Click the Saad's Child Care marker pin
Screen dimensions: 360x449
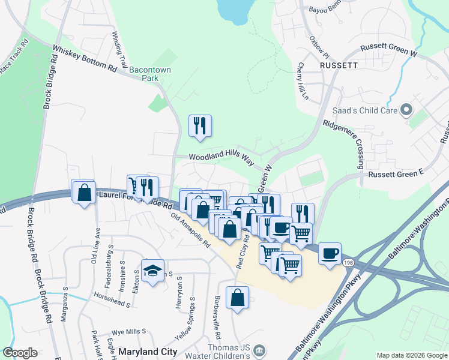point(406,110)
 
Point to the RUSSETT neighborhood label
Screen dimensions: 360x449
point(339,64)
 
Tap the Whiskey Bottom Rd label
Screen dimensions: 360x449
point(84,59)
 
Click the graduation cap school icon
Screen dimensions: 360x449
point(153,271)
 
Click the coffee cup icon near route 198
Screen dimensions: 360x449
point(328,253)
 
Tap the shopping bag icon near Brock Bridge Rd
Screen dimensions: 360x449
point(84,193)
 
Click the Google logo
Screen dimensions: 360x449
point(20,353)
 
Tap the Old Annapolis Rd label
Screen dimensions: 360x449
point(190,231)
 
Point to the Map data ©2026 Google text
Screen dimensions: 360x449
point(412,355)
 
